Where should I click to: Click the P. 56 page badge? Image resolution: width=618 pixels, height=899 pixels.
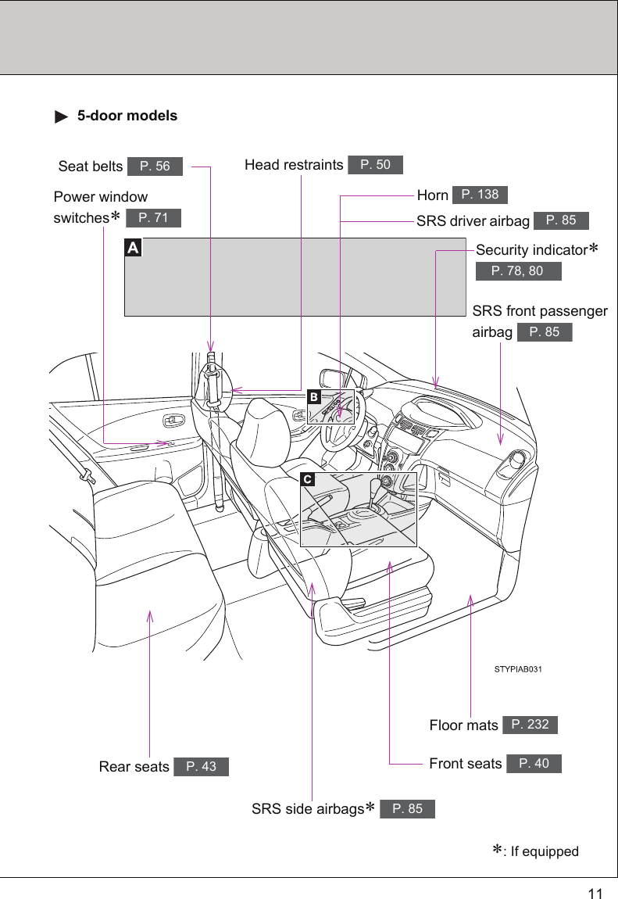155,167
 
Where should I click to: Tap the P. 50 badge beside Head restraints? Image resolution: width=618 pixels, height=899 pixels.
376,165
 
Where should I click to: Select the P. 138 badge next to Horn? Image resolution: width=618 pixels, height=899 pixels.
480,195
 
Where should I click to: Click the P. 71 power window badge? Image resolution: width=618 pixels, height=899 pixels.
153,218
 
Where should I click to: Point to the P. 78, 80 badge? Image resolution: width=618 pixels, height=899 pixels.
519,271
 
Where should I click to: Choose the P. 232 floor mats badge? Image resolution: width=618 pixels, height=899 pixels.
530,725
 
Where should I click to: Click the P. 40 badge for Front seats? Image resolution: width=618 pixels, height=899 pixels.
534,764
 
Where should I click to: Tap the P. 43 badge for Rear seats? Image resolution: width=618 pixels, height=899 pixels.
202,767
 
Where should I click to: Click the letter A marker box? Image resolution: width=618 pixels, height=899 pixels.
134,248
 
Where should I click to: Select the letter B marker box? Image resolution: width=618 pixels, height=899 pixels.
313,397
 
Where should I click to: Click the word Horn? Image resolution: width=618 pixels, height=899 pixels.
433,195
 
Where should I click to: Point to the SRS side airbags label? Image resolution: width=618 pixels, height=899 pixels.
308,809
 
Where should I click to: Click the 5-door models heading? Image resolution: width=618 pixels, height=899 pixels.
127,116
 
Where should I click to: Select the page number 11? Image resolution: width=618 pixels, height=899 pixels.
595,894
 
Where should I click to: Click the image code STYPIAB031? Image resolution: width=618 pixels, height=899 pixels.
519,670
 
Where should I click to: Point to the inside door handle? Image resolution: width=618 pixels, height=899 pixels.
173,421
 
